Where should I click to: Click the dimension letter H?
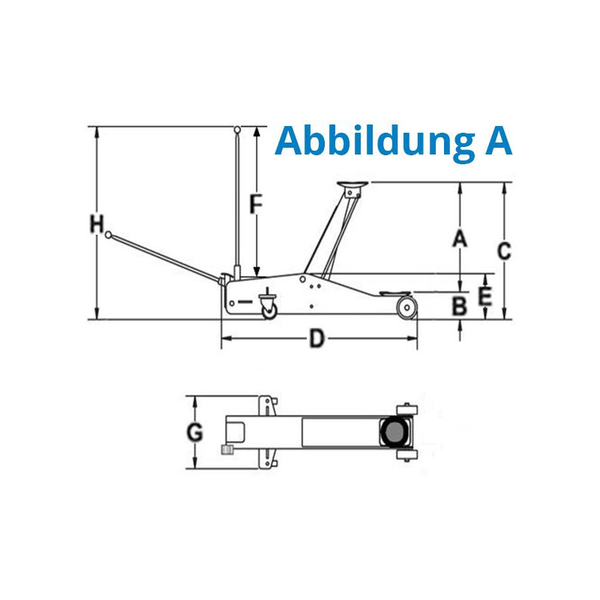pos(97,224)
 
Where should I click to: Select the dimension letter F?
pos(256,204)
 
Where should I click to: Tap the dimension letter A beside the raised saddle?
pos(460,238)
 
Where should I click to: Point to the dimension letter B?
pos(459,306)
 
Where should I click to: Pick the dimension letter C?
pos(504,251)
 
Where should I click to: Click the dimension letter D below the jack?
pos(316,339)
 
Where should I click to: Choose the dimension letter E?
pos(485,296)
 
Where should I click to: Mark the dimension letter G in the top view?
pos(194,433)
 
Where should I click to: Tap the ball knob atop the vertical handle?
pos(238,129)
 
